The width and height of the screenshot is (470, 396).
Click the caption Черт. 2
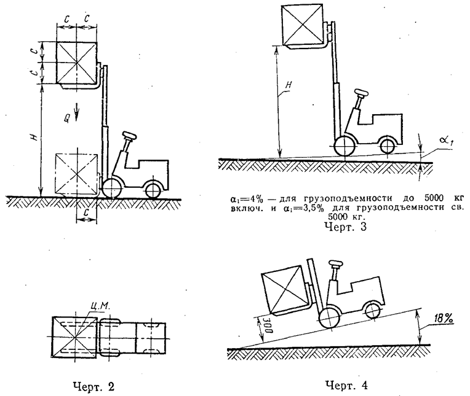(94, 387)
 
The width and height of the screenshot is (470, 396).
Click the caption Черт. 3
(346, 227)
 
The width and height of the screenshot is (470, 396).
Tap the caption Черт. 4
(347, 385)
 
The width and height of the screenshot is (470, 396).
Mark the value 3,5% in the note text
(311, 208)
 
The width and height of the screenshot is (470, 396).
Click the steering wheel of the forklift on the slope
(335, 265)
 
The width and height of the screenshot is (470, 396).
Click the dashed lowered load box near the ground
(77, 174)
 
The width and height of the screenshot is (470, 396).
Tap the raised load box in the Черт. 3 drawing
(303, 25)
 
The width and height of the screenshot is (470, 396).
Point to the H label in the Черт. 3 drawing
(288, 85)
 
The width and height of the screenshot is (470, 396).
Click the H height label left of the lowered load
(34, 138)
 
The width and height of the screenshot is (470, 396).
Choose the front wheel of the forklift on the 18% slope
(330, 318)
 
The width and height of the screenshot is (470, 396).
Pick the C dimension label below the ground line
(86, 212)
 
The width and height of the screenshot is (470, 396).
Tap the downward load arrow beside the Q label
(77, 112)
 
